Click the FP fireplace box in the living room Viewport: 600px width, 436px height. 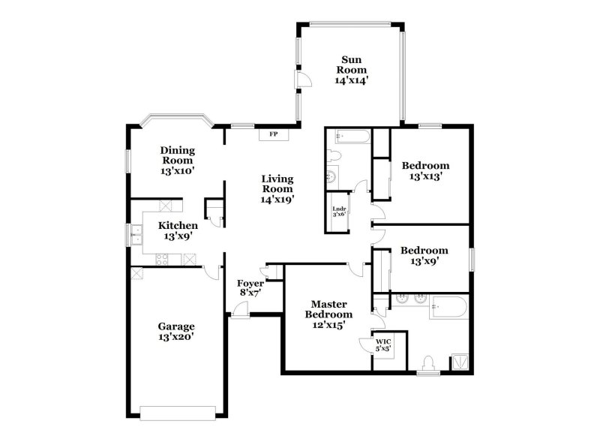tap(274, 134)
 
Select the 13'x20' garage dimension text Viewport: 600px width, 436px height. tap(176, 337)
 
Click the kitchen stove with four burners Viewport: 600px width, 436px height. tap(161, 260)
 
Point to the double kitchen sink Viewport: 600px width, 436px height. tap(136, 235)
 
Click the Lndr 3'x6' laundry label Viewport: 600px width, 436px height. tap(340, 211)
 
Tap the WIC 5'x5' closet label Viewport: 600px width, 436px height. tap(383, 344)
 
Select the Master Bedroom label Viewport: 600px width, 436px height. tap(328, 309)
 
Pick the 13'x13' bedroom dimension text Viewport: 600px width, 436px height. tap(425, 177)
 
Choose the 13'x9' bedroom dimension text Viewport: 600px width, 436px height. tap(424, 261)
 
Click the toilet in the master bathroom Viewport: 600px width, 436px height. tap(428, 363)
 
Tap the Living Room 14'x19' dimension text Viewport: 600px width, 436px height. tap(277, 200)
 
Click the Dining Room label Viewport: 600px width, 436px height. tap(177, 155)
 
